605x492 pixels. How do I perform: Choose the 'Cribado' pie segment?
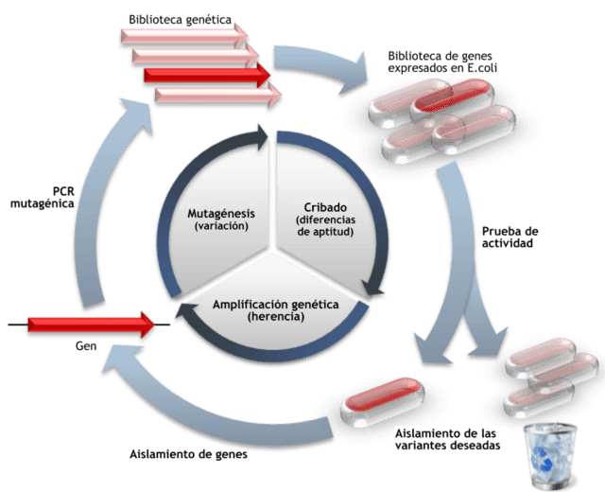pos(326,213)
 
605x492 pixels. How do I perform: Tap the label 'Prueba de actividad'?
pos(511,237)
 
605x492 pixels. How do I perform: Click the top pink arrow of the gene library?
pos(183,35)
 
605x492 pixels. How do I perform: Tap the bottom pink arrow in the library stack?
pos(217,95)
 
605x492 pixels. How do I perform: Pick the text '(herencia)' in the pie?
pos(274,318)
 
